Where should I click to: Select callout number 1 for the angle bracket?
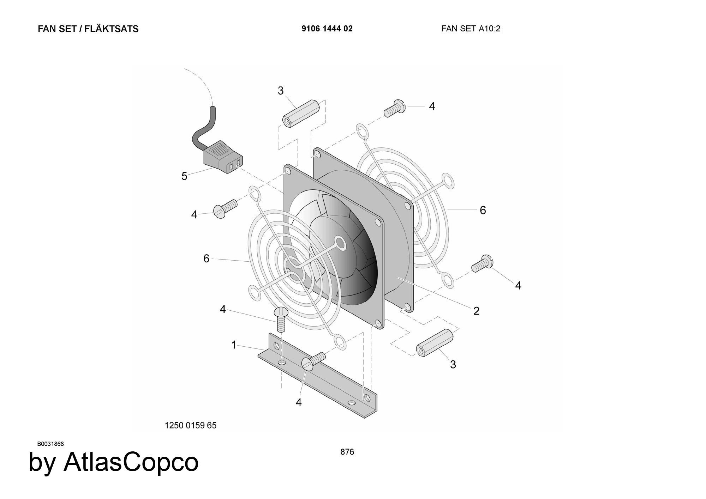pos(234,345)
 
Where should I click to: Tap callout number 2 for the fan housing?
pos(476,311)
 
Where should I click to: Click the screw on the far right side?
pos(482,264)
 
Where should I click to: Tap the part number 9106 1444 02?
pos(327,29)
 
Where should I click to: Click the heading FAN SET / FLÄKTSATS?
pos(88,29)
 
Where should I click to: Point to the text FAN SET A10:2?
pos(471,29)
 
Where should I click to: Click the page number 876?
pos(347,452)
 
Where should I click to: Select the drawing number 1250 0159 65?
pos(191,425)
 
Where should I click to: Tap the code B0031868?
pos(50,444)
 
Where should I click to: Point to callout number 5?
pos(184,176)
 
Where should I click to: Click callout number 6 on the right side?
pos(483,210)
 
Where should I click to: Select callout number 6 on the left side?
pos(207,258)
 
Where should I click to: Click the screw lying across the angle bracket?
pos(313,361)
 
